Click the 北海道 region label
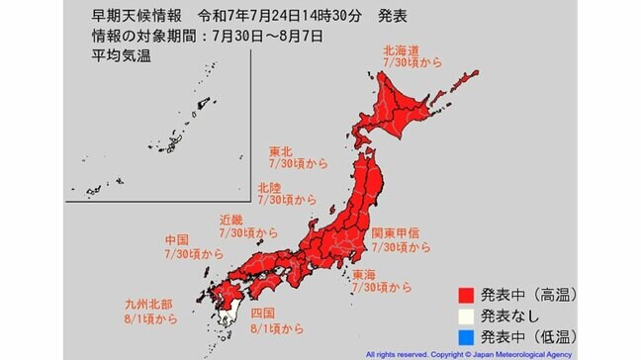(402, 47)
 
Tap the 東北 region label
(282, 152)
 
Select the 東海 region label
(381, 273)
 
